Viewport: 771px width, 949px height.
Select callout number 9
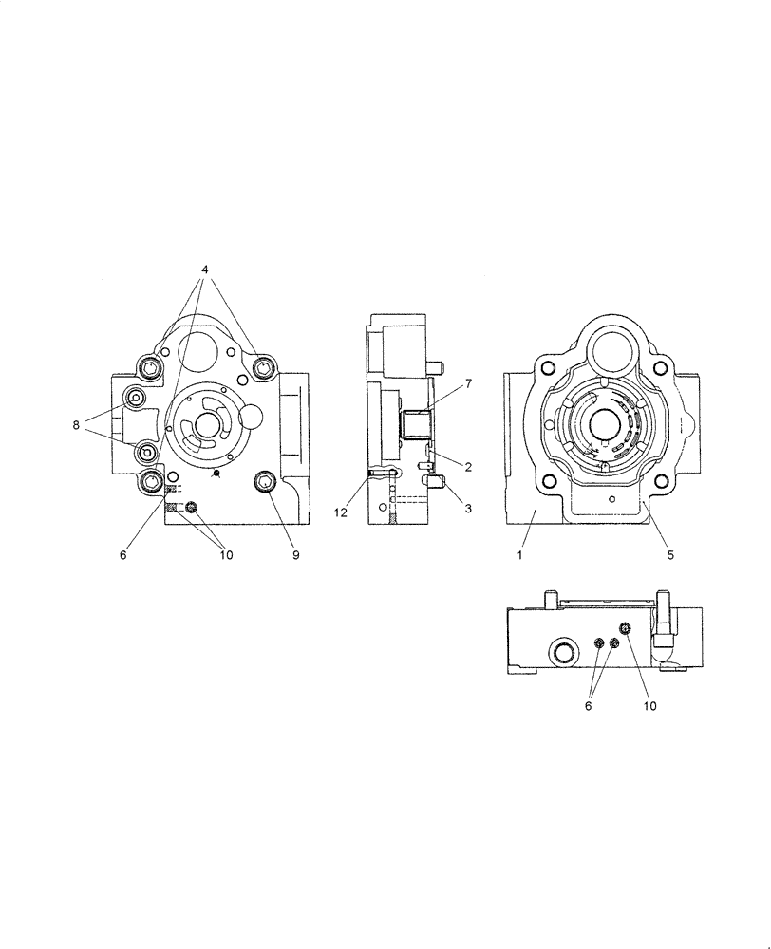[295, 555]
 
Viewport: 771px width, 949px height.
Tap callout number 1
[520, 555]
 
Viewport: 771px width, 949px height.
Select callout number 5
[669, 555]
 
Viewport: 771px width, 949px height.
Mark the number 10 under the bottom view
[649, 705]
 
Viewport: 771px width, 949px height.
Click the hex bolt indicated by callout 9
[264, 485]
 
